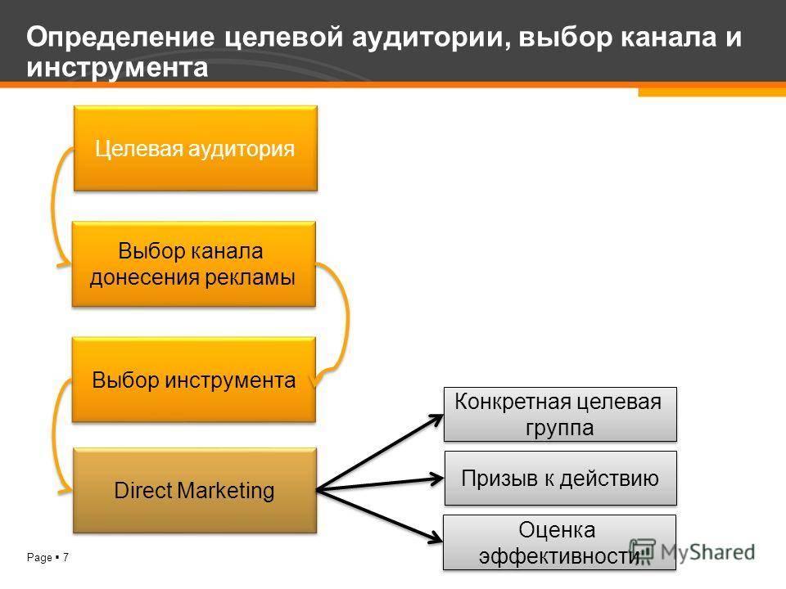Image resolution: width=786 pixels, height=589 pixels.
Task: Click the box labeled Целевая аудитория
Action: (x=196, y=148)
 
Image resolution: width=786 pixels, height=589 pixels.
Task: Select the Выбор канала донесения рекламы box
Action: (x=194, y=264)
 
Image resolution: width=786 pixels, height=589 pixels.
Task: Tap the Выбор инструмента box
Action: (x=194, y=380)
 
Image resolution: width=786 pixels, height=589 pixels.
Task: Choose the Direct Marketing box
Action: (x=195, y=490)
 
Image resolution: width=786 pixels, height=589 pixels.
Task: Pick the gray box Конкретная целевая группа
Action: (x=560, y=414)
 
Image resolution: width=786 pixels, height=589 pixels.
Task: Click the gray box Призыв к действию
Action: (x=560, y=479)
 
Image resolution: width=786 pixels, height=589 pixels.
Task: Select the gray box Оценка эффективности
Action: (x=559, y=542)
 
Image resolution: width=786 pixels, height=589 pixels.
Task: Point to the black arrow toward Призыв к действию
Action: (x=379, y=484)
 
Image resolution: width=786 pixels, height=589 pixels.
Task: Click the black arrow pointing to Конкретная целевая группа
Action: (x=379, y=452)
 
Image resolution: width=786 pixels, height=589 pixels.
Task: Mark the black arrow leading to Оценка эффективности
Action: (x=379, y=516)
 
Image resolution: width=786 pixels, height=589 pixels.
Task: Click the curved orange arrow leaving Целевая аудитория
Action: (x=53, y=205)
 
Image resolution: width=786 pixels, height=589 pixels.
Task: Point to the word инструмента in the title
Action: (x=117, y=68)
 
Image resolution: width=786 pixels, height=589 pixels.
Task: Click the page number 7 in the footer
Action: (x=65, y=557)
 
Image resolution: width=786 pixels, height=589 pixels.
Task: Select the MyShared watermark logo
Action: (x=693, y=551)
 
